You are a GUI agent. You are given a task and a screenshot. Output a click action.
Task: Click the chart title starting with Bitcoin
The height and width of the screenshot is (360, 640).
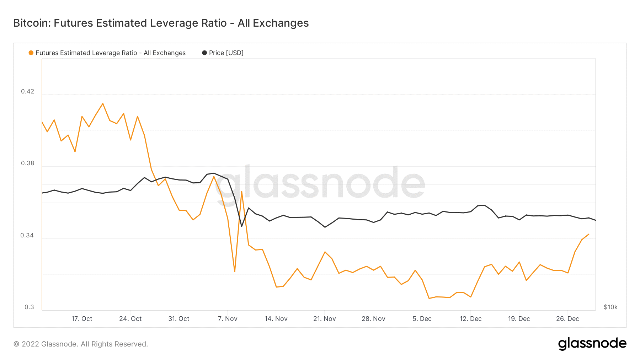pyautogui.click(x=161, y=23)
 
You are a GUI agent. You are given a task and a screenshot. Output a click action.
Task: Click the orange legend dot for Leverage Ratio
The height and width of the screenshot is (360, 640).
pyautogui.click(x=31, y=53)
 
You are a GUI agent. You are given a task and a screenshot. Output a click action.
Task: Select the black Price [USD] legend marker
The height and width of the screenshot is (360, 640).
pyautogui.click(x=204, y=53)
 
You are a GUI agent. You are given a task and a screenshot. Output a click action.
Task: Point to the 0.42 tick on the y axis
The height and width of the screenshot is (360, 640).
pyautogui.click(x=28, y=91)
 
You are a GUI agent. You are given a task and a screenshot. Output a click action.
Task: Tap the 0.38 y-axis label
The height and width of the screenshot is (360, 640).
pyautogui.click(x=28, y=163)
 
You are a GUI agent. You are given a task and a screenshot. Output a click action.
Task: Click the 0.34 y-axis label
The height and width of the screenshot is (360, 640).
pyautogui.click(x=27, y=235)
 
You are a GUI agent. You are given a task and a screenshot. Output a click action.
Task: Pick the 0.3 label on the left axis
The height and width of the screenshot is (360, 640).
pyautogui.click(x=30, y=307)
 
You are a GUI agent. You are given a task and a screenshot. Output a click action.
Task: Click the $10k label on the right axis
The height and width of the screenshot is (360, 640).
pyautogui.click(x=610, y=307)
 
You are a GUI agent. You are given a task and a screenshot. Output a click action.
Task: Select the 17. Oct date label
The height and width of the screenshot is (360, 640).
pyautogui.click(x=82, y=319)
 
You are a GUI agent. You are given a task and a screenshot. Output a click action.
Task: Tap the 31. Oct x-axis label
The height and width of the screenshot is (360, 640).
pyautogui.click(x=179, y=319)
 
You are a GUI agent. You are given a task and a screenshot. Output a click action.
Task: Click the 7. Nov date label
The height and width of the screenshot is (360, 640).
pyautogui.click(x=228, y=319)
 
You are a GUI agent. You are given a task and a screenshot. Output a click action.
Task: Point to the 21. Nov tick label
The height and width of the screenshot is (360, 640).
pyautogui.click(x=325, y=319)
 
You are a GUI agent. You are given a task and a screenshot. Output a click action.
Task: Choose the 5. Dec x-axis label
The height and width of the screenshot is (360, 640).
pyautogui.click(x=422, y=319)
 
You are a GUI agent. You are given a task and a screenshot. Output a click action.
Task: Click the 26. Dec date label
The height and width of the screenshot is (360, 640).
pyautogui.click(x=567, y=319)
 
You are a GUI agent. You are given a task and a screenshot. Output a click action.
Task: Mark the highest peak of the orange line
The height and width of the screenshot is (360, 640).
pyautogui.click(x=103, y=103)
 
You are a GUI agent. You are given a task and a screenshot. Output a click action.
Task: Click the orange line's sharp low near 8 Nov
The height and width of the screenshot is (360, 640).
pyautogui.click(x=235, y=272)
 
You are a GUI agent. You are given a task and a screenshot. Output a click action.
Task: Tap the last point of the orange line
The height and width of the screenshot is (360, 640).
pyautogui.click(x=589, y=234)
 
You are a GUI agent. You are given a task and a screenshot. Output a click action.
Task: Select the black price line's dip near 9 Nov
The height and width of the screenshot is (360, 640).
pyautogui.click(x=242, y=226)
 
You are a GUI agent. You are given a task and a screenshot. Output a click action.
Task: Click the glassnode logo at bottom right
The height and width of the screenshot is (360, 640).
pyautogui.click(x=592, y=344)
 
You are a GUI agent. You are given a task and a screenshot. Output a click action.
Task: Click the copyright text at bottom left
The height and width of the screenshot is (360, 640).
pyautogui.click(x=81, y=344)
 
